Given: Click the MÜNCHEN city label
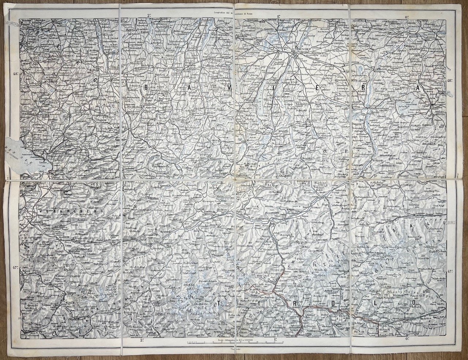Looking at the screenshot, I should [304, 48].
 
